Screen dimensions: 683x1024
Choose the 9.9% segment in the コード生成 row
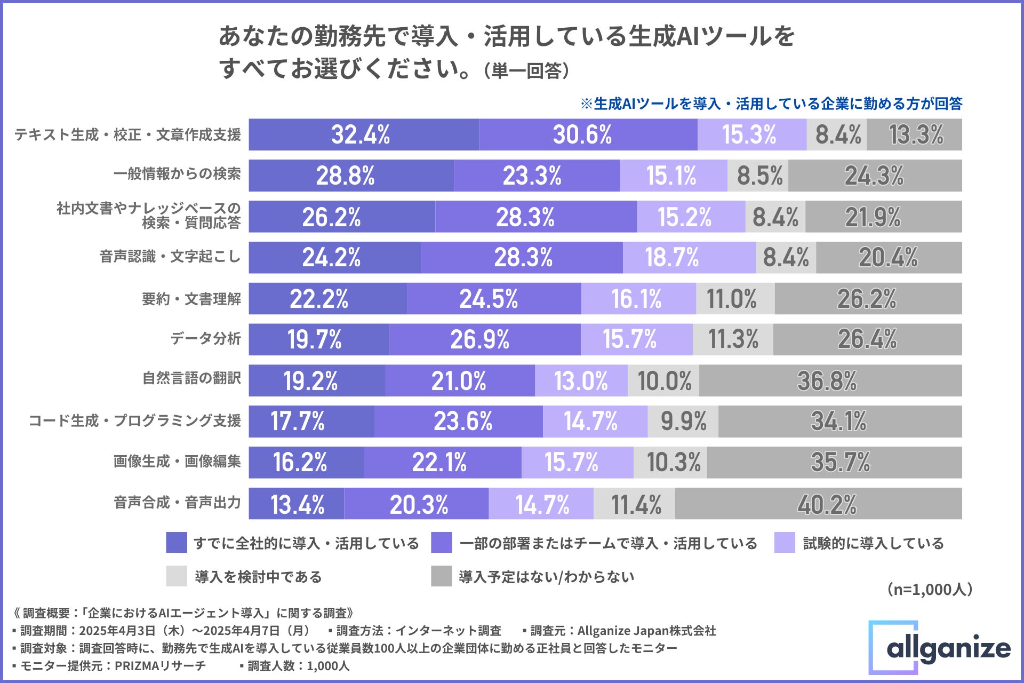[x=683, y=421]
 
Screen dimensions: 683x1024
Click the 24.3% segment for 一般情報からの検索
[x=875, y=176]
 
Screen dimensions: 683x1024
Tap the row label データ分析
[x=205, y=338]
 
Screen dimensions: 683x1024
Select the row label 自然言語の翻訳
[x=191, y=378]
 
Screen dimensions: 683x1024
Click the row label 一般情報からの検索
[x=177, y=174]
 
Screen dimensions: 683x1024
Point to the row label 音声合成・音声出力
[x=177, y=502]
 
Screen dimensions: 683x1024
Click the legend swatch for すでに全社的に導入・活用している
[x=177, y=543]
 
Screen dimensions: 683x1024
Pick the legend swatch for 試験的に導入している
[x=785, y=543]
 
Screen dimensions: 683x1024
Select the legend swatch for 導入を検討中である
[x=177, y=576]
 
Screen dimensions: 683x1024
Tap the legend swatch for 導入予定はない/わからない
[x=441, y=576]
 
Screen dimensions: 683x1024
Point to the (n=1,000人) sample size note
[x=930, y=590]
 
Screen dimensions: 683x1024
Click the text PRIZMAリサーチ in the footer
[x=160, y=666]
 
